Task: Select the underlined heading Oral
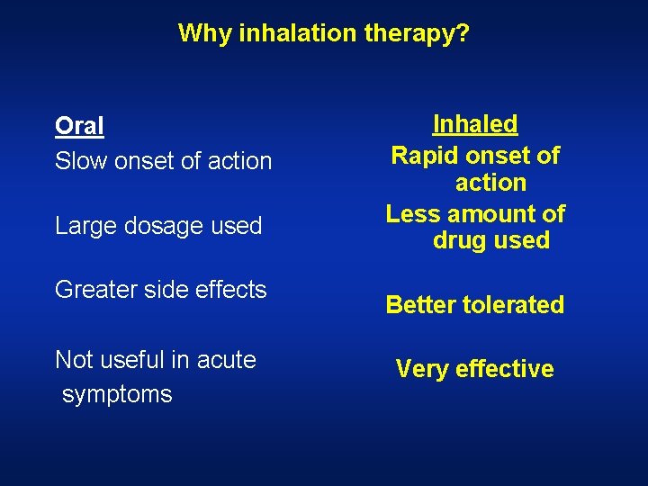[x=79, y=126]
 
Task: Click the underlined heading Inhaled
[x=475, y=124]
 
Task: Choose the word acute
[x=227, y=360]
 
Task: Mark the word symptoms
[x=117, y=394]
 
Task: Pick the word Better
[x=420, y=305]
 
